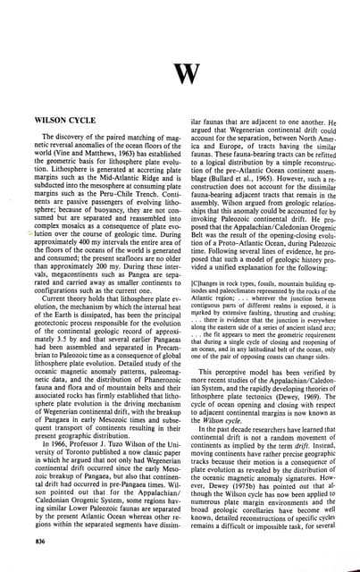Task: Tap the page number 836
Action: click(x=37, y=543)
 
